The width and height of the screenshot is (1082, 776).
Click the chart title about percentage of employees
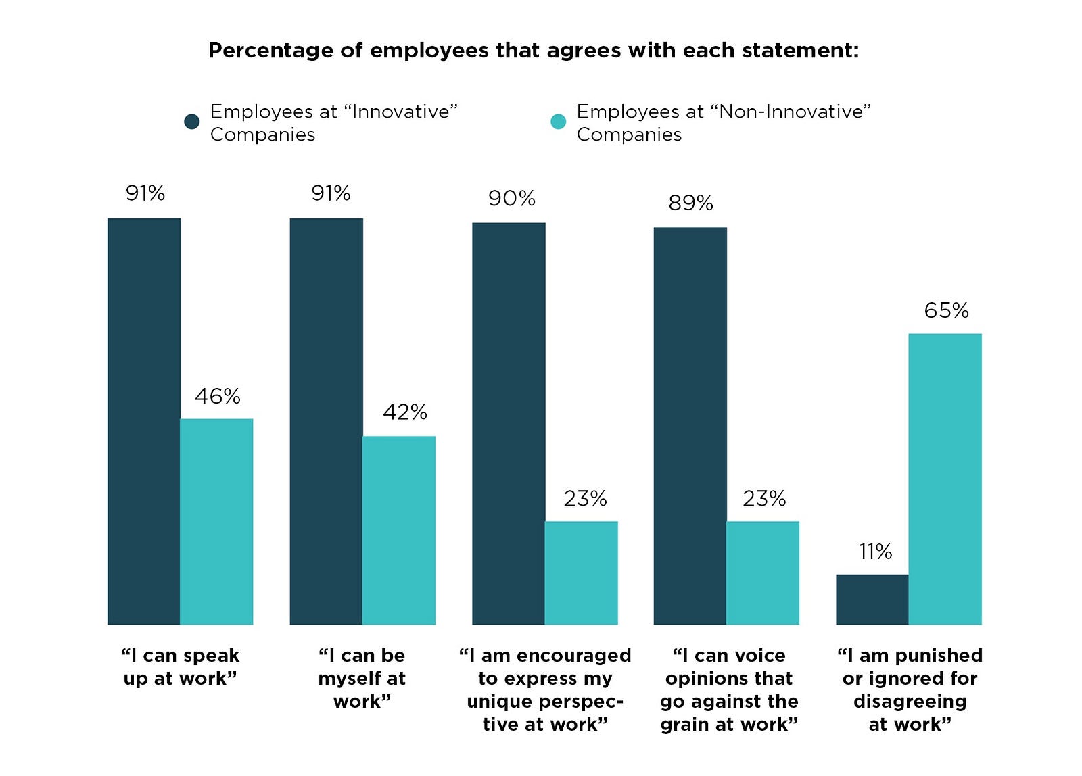click(533, 51)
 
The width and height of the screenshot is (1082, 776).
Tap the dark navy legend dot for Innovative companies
click(192, 122)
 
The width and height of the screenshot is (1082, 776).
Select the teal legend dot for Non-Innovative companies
click(558, 122)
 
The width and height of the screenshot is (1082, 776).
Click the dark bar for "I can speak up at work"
click(144, 421)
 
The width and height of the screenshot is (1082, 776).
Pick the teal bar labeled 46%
click(216, 521)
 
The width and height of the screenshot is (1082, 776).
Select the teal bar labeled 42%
click(399, 530)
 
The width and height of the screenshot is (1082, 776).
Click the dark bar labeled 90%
click(509, 423)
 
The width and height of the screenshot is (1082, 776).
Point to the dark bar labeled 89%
click(690, 426)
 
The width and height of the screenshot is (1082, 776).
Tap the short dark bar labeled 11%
click(872, 599)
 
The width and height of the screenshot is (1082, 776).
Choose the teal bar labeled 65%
click(945, 479)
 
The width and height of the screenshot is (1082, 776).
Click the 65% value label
click(946, 310)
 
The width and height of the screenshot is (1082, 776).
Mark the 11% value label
click(875, 552)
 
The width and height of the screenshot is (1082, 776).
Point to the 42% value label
click(405, 412)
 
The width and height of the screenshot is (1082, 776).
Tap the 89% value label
click(690, 203)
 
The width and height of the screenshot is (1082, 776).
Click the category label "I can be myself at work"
click(362, 678)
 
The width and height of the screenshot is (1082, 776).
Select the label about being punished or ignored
click(910, 689)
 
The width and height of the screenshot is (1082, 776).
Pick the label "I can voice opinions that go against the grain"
click(729, 689)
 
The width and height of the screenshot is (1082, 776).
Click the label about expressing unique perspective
click(545, 689)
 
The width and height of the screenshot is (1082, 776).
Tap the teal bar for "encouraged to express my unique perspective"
click(581, 573)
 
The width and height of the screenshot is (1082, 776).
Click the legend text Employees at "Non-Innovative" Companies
click(723, 122)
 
